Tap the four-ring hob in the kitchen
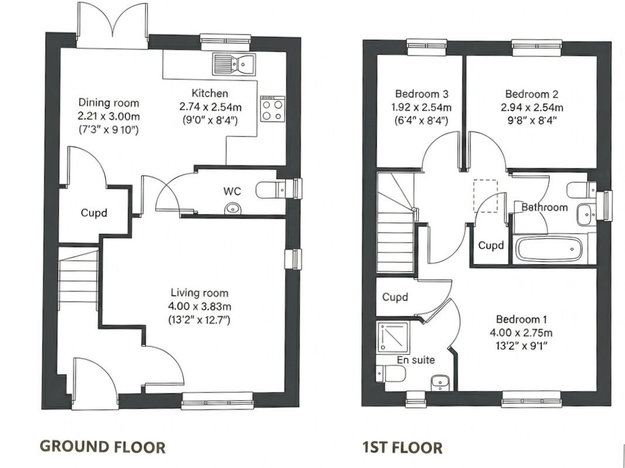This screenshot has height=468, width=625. point(272,109)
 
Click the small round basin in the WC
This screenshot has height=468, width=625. point(233,208)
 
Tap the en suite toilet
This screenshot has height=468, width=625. point(388,373)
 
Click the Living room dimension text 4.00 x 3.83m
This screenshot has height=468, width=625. point(199,306)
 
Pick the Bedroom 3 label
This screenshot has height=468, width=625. point(422,94)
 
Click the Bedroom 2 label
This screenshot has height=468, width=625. point(531,94)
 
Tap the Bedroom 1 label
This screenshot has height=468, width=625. point(521,319)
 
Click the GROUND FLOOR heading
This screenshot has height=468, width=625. point(102,447)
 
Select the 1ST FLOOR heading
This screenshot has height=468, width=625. point(402,448)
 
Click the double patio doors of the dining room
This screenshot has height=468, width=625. point(112,26)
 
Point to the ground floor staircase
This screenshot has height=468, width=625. point(78,275)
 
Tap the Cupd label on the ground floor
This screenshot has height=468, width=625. point(94,213)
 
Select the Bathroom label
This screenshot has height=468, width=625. point(545,207)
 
